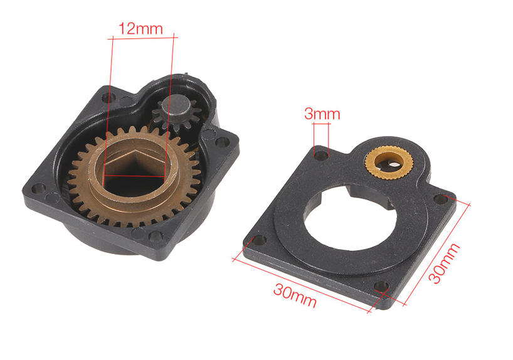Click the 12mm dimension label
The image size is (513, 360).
tap(140, 29)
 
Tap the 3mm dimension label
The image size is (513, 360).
tap(322, 114)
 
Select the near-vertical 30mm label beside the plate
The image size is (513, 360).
tap(444, 263)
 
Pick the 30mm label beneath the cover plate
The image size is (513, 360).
tap(295, 295)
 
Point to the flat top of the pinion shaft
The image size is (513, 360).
tap(177, 103)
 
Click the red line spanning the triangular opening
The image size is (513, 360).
tap(134, 177)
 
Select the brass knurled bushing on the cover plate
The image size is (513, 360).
tap(389, 162)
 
